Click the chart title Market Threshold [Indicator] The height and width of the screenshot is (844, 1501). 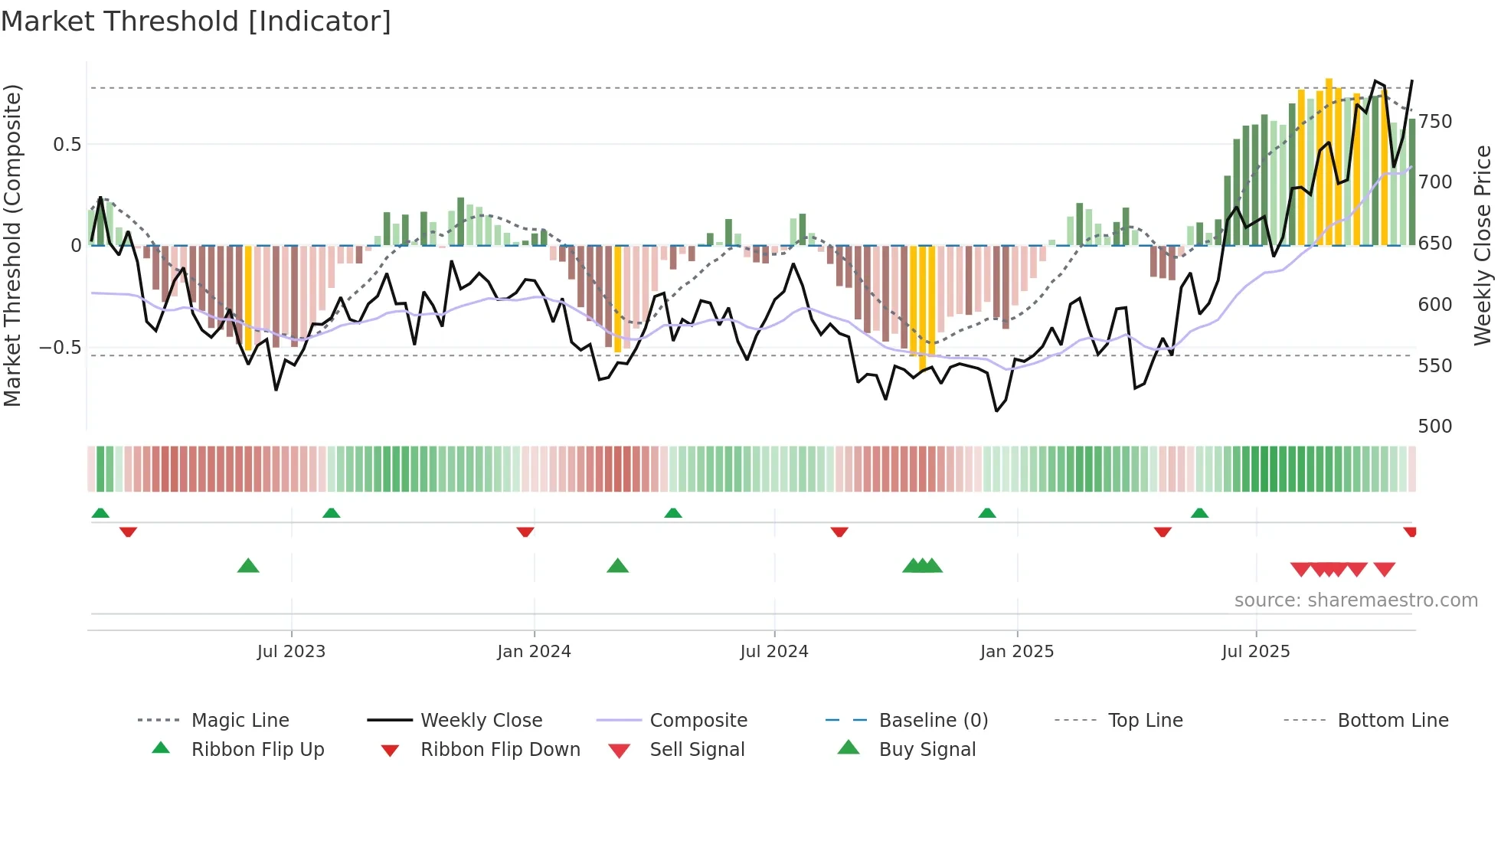[196, 21]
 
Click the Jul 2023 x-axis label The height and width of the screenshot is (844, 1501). [291, 651]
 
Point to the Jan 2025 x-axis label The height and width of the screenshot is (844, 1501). [1016, 651]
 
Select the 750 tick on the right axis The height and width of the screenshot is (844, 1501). [1434, 121]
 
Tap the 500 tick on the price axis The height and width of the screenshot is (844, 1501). [1434, 426]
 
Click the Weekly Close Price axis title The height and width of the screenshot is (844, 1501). [1483, 245]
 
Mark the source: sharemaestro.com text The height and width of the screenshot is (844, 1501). [1355, 600]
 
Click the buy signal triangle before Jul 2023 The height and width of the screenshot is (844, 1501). [248, 567]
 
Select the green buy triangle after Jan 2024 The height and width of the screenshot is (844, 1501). [617, 567]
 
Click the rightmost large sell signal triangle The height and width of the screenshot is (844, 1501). [1384, 568]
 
